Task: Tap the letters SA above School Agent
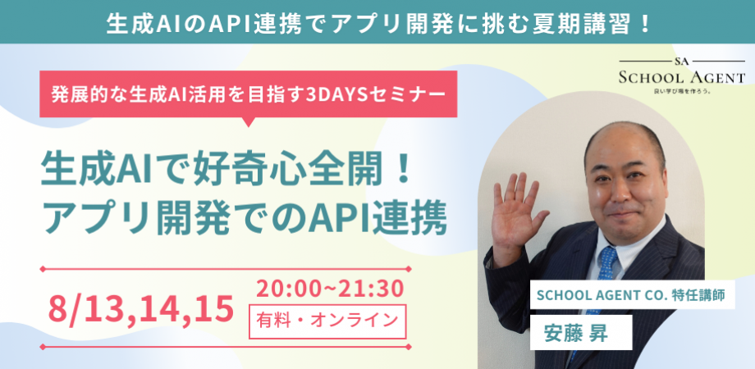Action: coord(682,61)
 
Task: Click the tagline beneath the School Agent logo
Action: coord(682,91)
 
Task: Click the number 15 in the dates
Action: coord(211,309)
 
